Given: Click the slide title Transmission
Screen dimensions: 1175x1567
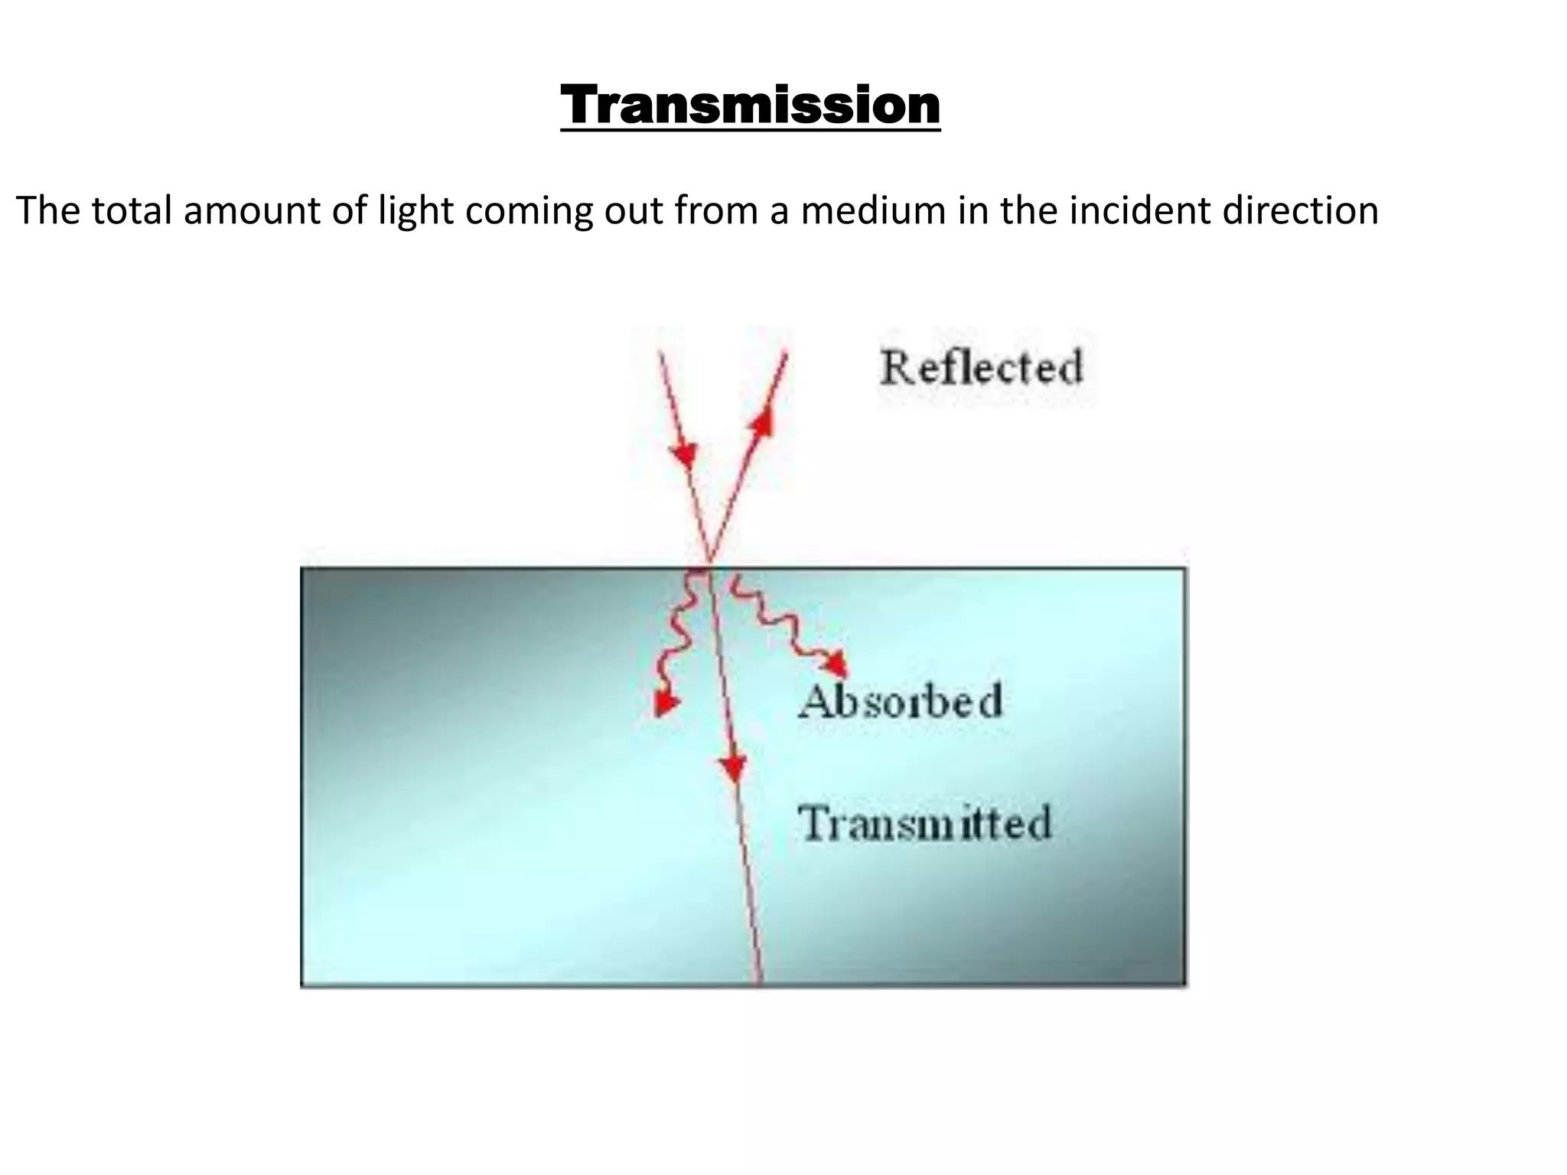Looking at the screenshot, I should pos(750,106).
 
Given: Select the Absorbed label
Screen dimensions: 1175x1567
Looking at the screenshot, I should pos(900,701).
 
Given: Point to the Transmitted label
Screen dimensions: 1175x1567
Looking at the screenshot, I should pos(925,823).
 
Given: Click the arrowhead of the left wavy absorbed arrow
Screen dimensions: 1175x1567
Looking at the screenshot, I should pos(666,702).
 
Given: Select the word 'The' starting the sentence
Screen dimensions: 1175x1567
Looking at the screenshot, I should pos(47,210).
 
